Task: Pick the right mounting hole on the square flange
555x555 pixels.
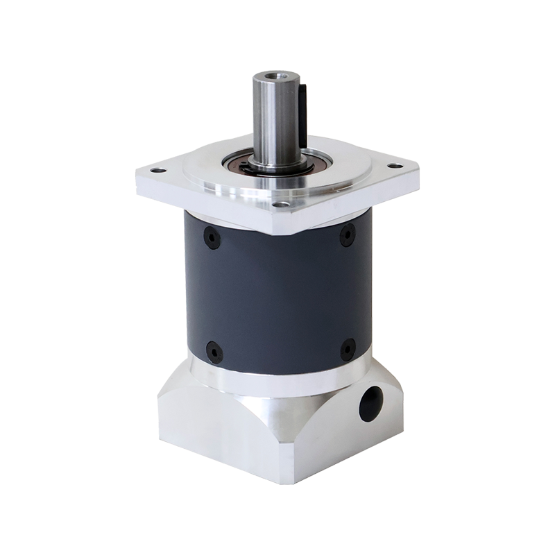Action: coord(394,166)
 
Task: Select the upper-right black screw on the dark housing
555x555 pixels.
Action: coord(347,237)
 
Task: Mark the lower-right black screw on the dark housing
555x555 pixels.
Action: coord(348,349)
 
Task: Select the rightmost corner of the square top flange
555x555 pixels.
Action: coord(419,169)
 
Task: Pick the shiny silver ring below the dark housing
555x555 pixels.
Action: coord(277,379)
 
